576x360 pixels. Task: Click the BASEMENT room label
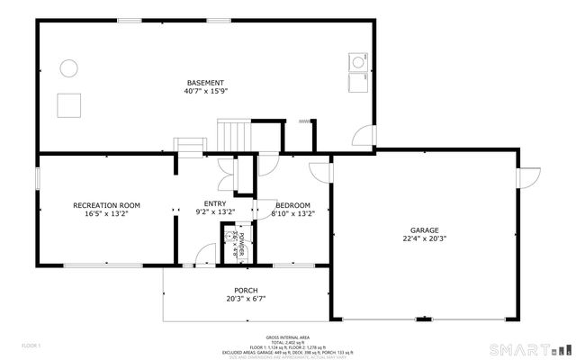(x=205, y=83)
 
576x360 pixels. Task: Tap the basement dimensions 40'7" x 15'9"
(x=205, y=91)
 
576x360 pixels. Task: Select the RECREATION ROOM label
(x=106, y=205)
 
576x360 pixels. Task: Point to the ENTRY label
(x=215, y=204)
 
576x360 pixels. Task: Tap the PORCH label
(x=247, y=290)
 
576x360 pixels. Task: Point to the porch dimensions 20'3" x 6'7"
(x=246, y=299)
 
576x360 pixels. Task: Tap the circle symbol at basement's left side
(x=68, y=67)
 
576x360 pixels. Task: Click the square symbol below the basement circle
(x=68, y=105)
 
